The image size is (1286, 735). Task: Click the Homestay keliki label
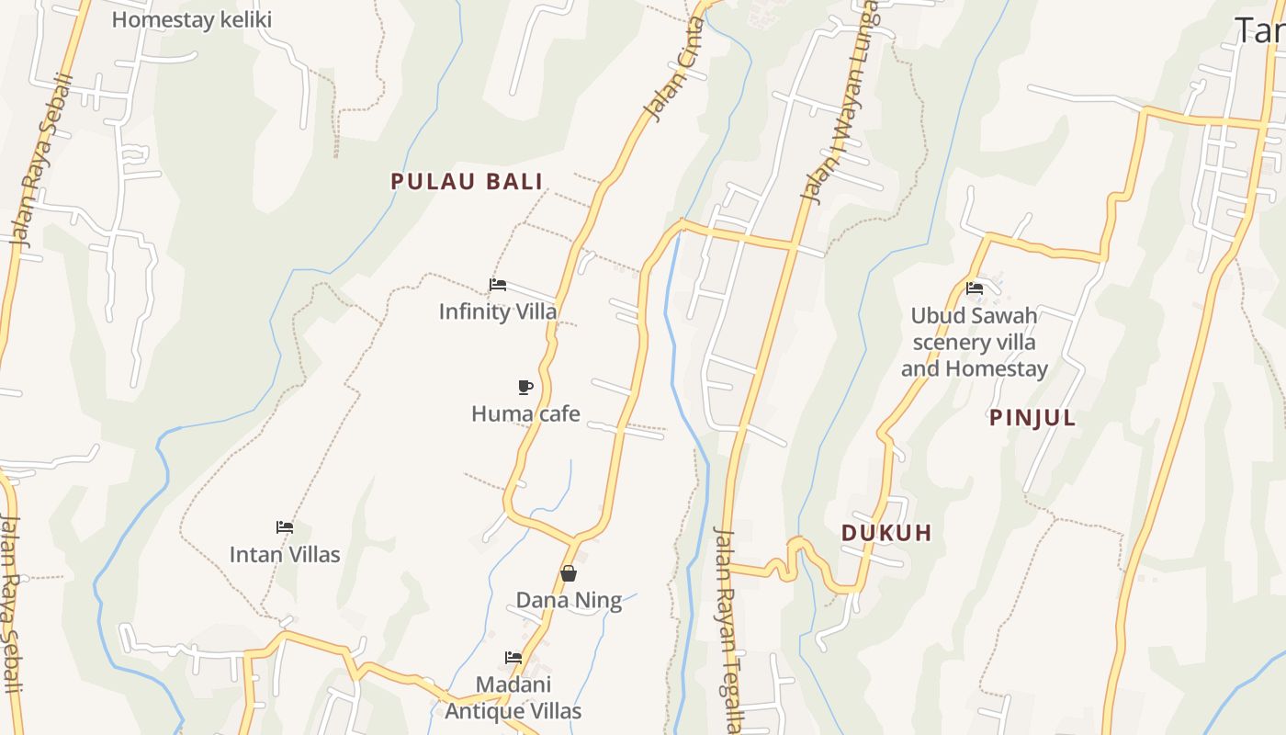[x=191, y=19]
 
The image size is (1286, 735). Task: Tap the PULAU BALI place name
[x=467, y=181]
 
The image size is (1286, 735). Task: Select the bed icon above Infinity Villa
[x=498, y=285]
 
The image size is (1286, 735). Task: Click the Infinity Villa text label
[x=498, y=311]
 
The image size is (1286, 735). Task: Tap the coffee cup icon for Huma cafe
[x=525, y=387]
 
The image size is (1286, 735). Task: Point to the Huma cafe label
[x=525, y=413]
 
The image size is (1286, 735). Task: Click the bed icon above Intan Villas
[x=285, y=527]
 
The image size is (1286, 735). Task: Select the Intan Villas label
[x=285, y=554]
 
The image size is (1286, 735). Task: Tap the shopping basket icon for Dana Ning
[x=569, y=573]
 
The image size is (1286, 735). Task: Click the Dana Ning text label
[x=569, y=601]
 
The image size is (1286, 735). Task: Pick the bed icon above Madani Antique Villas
[x=513, y=657]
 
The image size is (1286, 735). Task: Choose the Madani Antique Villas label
[x=513, y=697]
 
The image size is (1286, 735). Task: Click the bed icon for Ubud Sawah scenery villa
[x=975, y=288]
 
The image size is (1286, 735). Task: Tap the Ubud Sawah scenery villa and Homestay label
[x=975, y=342]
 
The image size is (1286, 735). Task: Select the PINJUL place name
[x=1032, y=417]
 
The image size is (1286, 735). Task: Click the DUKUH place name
[x=886, y=532]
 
